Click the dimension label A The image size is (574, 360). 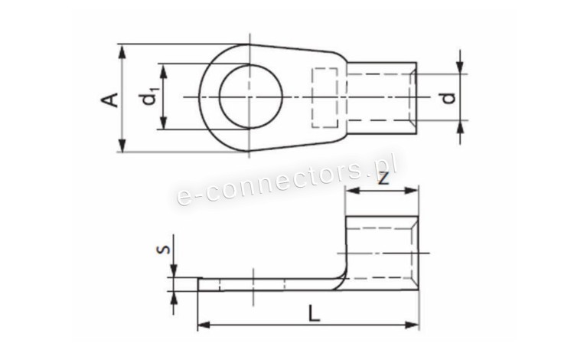(x=110, y=100)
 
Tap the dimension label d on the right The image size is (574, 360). (x=448, y=98)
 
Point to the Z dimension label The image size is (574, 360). (x=383, y=178)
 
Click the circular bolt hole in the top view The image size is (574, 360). (x=251, y=97)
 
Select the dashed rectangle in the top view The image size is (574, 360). (x=325, y=98)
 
